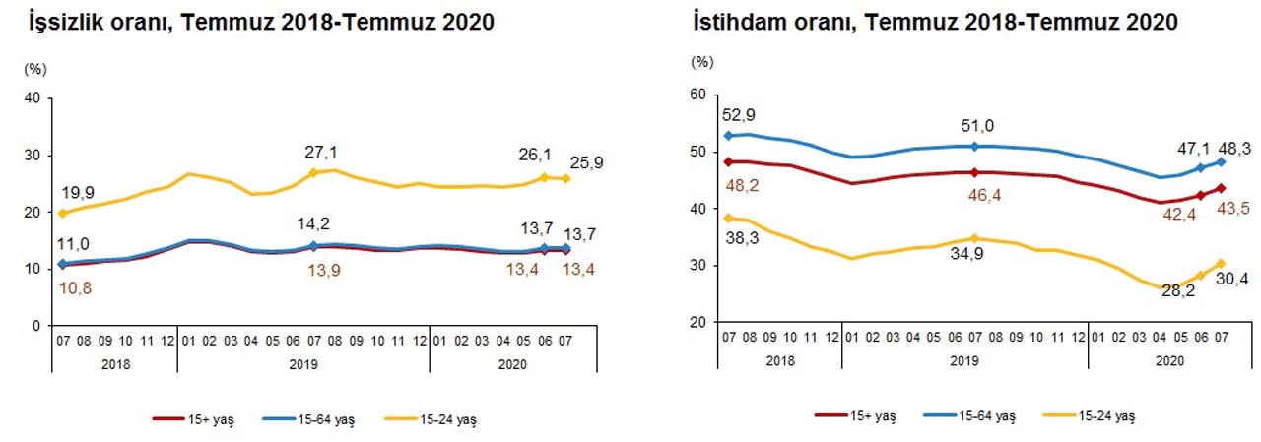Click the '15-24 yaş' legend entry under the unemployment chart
[x=443, y=420]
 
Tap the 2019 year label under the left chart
[x=302, y=363]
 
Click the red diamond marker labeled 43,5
[x=1221, y=188]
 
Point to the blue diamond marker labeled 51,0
[x=974, y=146]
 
